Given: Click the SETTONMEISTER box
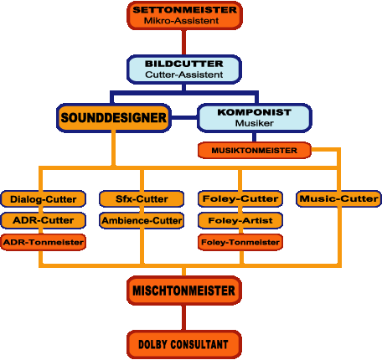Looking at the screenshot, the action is click(x=184, y=15).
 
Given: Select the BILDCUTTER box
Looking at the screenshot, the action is click(x=184, y=69).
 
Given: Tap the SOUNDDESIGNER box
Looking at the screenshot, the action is click(x=114, y=117).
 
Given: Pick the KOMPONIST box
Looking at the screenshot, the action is click(x=255, y=118).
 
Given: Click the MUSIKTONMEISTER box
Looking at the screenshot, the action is click(x=255, y=151).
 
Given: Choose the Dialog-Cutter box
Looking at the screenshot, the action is click(x=44, y=199).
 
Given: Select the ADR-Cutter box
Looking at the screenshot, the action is click(x=44, y=220).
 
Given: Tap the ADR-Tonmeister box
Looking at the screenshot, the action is click(x=44, y=242).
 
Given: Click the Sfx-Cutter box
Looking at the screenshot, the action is click(x=142, y=199).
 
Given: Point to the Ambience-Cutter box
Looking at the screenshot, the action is click(x=142, y=220).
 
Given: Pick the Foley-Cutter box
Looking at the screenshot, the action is click(x=240, y=199).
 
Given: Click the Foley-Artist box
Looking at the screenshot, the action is click(x=240, y=220).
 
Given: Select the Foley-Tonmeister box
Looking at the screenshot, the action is click(x=240, y=242).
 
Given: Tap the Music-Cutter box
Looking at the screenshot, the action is click(x=338, y=199).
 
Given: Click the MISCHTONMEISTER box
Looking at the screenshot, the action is click(x=184, y=291).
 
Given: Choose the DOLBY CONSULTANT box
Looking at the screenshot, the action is click(x=184, y=344).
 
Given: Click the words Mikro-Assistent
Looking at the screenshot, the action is click(x=181, y=21).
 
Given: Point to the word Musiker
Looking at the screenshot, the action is click(x=255, y=123).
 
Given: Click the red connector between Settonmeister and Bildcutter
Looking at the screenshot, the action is click(x=183, y=43).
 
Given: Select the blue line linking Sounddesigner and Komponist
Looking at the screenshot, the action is click(x=184, y=117).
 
